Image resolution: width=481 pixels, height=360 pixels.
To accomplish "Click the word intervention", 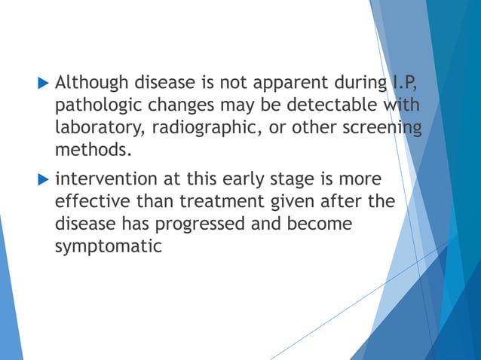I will pos(102,182).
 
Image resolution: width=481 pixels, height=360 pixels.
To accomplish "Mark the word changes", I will pos(176,103).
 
